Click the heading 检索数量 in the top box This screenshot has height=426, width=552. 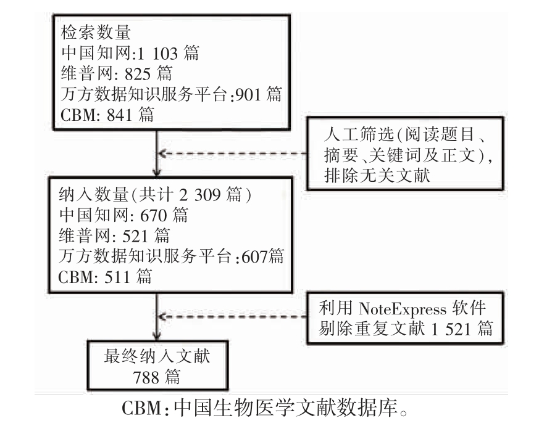pyautogui.click(x=96, y=33)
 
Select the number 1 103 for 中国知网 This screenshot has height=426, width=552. pyautogui.click(x=158, y=54)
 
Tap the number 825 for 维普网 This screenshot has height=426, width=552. pyautogui.click(x=138, y=74)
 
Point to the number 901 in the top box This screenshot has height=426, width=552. pyautogui.click(x=248, y=94)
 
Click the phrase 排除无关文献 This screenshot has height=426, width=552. pyautogui.click(x=377, y=175)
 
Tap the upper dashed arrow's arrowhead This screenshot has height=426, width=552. pyautogui.click(x=162, y=154)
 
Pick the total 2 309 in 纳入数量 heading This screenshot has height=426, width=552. pyautogui.click(x=200, y=194)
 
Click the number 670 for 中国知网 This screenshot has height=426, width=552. pyautogui.click(x=154, y=215)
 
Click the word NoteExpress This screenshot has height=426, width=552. pyautogui.click(x=403, y=309)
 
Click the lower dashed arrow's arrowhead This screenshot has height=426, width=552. pyautogui.click(x=162, y=316)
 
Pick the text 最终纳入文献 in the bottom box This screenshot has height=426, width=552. pyautogui.click(x=157, y=356)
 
